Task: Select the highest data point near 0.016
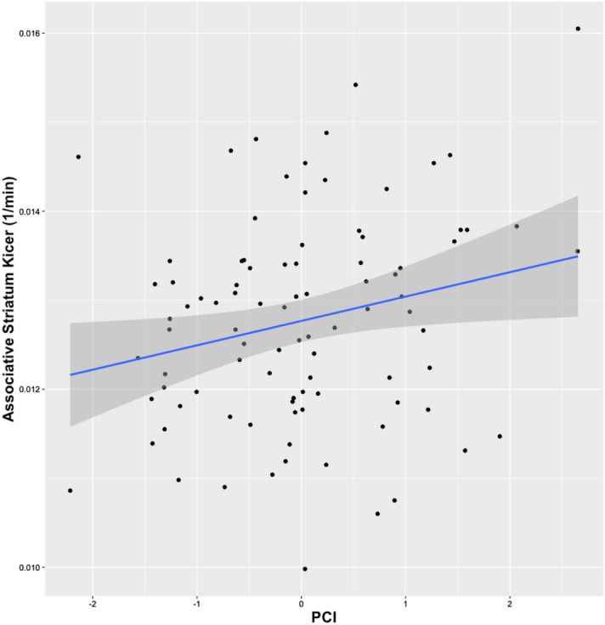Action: (x=578, y=29)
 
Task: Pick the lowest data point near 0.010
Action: (x=305, y=569)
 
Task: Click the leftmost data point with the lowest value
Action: (x=71, y=491)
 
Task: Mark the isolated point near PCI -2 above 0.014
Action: (x=78, y=157)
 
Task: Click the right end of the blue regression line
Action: (x=578, y=256)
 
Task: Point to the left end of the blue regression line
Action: (x=71, y=374)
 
